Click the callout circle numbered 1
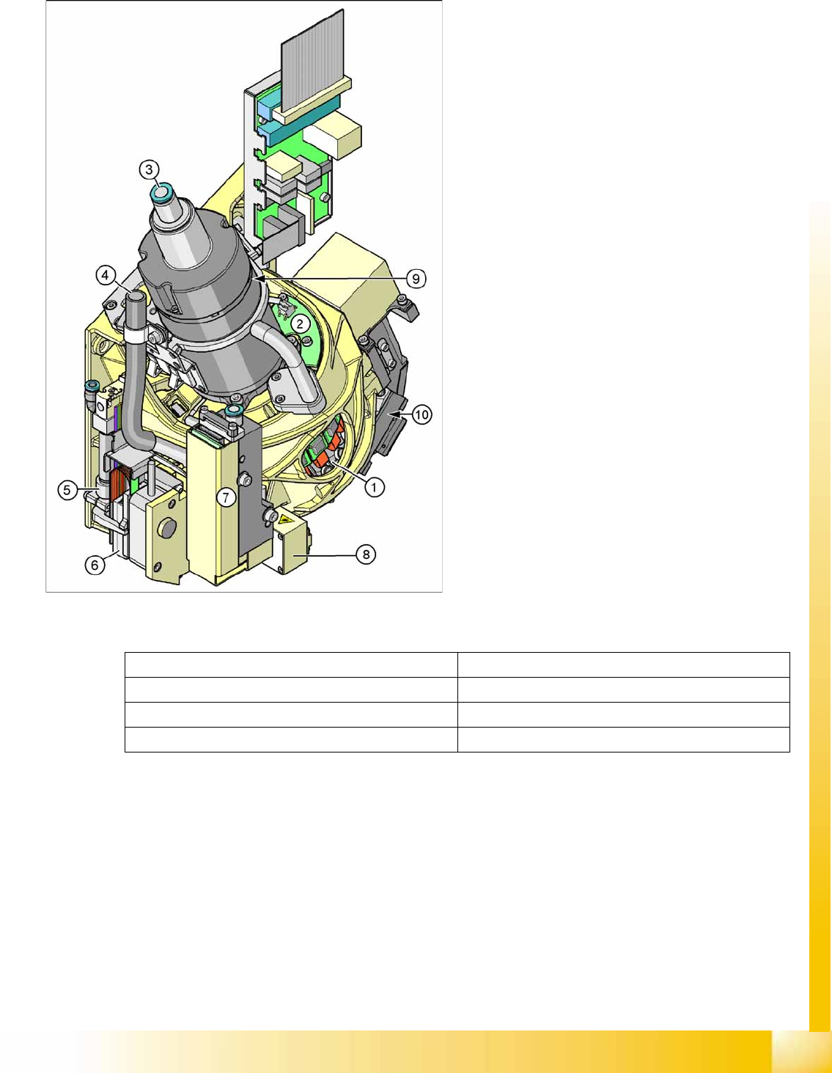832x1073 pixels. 374,488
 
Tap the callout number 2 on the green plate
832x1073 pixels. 300,324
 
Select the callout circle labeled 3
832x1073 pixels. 149,170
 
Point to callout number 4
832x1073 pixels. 105,275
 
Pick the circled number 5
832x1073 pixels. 67,491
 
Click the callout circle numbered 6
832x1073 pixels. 95,565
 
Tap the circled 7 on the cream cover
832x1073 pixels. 226,497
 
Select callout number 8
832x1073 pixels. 366,554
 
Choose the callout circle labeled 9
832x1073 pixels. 416,279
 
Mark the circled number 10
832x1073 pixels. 421,415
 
